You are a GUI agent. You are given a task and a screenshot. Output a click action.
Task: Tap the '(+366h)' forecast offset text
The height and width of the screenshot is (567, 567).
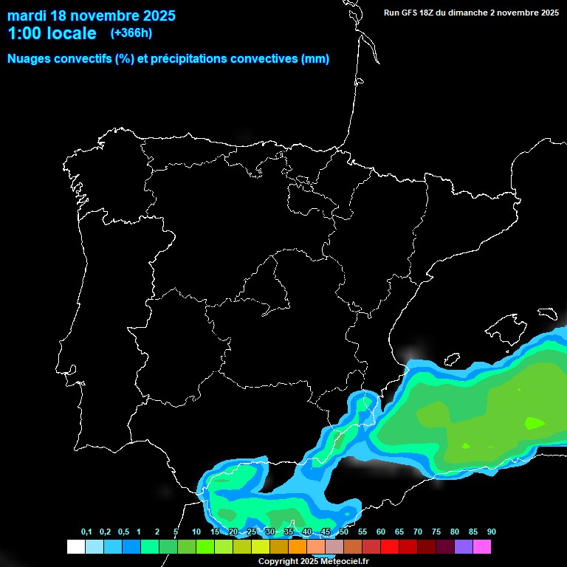(131, 33)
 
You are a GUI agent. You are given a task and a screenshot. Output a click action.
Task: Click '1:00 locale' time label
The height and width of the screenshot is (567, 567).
(52, 33)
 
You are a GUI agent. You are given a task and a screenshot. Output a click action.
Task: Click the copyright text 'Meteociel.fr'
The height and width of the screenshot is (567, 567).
(342, 562)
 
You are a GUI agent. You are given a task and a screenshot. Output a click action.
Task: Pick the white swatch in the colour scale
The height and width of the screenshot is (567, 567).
(75, 546)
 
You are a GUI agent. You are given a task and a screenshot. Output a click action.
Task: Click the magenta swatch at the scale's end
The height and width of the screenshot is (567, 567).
(482, 546)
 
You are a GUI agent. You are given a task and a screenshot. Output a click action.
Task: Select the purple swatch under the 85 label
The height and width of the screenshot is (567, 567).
(464, 546)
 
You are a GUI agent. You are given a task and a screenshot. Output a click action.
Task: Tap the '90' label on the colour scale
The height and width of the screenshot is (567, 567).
(491, 532)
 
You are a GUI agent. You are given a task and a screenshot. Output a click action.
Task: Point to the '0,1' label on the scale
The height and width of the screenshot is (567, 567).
(86, 532)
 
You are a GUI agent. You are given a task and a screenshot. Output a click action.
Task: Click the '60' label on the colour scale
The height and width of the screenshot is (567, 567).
(381, 532)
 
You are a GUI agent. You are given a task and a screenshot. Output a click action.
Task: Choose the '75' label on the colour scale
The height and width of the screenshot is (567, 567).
(436, 532)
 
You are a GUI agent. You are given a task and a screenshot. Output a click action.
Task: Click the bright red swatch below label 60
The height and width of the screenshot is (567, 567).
(390, 546)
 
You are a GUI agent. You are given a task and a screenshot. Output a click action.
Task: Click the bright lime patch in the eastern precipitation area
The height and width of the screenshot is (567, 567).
(535, 423)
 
